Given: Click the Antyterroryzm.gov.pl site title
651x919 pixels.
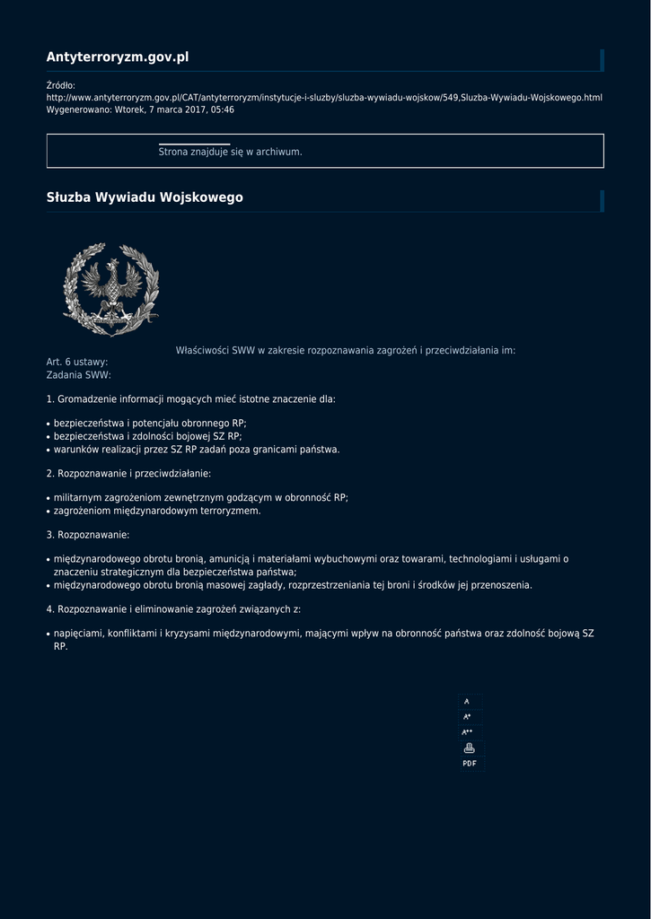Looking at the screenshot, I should click(x=118, y=57).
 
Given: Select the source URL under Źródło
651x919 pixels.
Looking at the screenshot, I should click(x=324, y=97).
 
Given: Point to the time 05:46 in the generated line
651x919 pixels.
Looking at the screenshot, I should click(x=222, y=109).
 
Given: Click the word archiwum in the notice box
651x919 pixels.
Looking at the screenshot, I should click(x=278, y=152).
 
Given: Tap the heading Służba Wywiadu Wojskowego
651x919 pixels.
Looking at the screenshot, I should click(x=145, y=197).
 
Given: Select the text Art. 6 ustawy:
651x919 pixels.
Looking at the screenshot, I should click(x=77, y=362).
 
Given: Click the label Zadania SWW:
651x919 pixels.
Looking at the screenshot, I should click(x=79, y=374).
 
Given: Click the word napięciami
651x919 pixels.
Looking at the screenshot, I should click(x=76, y=634).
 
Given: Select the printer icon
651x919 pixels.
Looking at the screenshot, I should click(x=469, y=748).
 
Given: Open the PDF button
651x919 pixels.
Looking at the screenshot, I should click(x=470, y=763).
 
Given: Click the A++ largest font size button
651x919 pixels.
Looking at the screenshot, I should click(x=468, y=732).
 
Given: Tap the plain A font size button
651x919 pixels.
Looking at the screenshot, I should click(x=467, y=702).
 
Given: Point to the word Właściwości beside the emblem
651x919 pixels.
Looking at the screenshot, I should click(x=202, y=350).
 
